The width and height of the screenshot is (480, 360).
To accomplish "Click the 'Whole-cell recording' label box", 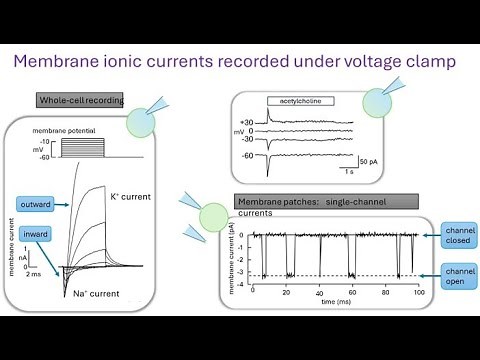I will (x=79, y=100).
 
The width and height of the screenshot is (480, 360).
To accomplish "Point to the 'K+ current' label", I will (x=130, y=197).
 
